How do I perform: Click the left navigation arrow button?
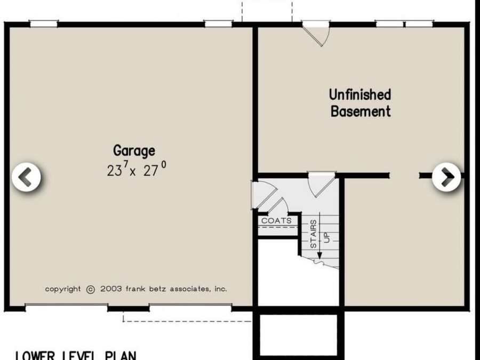point(26,178)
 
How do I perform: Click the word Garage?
point(134,151)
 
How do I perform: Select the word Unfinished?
point(360,95)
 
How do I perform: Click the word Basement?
point(361,111)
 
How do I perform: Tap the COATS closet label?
point(276,220)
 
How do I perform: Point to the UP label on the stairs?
point(327,236)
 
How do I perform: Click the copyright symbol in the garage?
point(90,289)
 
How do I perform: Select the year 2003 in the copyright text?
point(110,289)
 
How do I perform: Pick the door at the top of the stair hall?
point(322,183)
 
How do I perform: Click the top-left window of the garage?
point(44,23)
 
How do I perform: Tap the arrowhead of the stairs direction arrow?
point(319,256)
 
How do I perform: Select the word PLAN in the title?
point(119,355)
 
